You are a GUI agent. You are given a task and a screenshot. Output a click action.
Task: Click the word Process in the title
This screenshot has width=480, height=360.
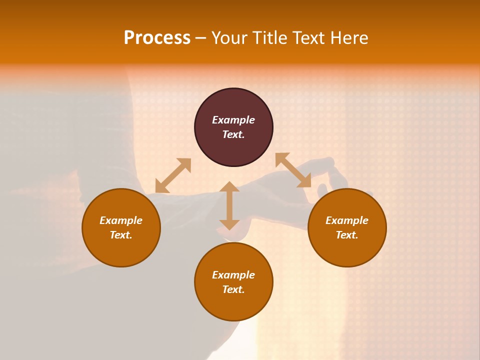(x=157, y=38)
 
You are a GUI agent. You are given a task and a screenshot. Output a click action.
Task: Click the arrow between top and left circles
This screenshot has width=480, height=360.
(x=173, y=175)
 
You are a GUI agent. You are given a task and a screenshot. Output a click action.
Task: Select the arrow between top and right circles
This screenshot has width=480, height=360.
(x=293, y=170)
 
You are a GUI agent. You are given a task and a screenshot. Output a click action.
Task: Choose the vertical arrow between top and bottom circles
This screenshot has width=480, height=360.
(x=229, y=205)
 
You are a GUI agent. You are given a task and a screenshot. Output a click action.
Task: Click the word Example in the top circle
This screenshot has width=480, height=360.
(x=233, y=120)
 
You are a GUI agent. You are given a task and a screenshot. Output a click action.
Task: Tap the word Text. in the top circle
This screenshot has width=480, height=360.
(x=233, y=134)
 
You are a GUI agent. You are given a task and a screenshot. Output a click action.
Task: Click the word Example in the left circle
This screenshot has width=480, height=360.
(x=121, y=220)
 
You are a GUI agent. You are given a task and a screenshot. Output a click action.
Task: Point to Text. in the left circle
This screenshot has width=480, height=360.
(x=121, y=235)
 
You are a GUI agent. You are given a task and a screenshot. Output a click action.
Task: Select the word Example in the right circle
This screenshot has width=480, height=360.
(x=347, y=220)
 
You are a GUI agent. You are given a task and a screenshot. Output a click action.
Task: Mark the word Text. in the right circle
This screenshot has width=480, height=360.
(x=347, y=235)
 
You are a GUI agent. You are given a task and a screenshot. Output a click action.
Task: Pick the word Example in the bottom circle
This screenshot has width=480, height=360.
(x=233, y=275)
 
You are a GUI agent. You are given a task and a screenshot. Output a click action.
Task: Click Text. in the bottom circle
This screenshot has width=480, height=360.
(x=233, y=289)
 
